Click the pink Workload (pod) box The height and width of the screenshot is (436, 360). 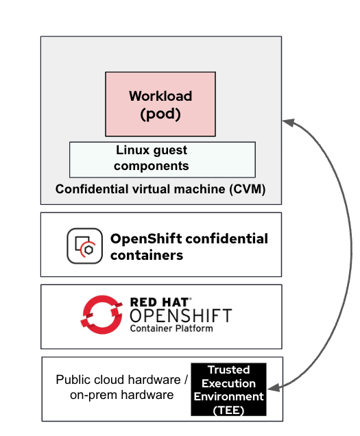pyautogui.click(x=160, y=104)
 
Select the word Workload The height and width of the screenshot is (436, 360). pyautogui.click(x=160, y=96)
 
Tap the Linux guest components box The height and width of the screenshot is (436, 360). pyautogui.click(x=163, y=159)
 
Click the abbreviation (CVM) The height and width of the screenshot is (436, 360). pyautogui.click(x=248, y=189)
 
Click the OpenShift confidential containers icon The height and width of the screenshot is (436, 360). pyautogui.click(x=84, y=246)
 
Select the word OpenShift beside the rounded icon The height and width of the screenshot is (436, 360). pyautogui.click(x=146, y=239)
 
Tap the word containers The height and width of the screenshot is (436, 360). pyautogui.click(x=147, y=255)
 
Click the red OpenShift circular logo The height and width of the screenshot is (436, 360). pyautogui.click(x=101, y=315)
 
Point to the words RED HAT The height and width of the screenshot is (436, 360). pyautogui.click(x=160, y=302)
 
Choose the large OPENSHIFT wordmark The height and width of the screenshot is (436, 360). pyautogui.click(x=181, y=315)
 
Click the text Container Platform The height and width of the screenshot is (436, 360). pyautogui.click(x=171, y=328)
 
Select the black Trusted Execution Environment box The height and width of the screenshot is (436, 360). pyautogui.click(x=228, y=389)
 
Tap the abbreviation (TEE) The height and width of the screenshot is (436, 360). pyautogui.click(x=228, y=411)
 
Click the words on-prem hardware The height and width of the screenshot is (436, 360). pyautogui.click(x=122, y=395)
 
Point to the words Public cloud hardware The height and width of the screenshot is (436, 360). pyautogui.click(x=118, y=380)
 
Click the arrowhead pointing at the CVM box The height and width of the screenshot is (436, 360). pyautogui.click(x=288, y=122)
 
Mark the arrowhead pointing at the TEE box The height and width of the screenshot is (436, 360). pyautogui.click(x=274, y=387)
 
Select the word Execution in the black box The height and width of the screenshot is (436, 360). pyautogui.click(x=228, y=383)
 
